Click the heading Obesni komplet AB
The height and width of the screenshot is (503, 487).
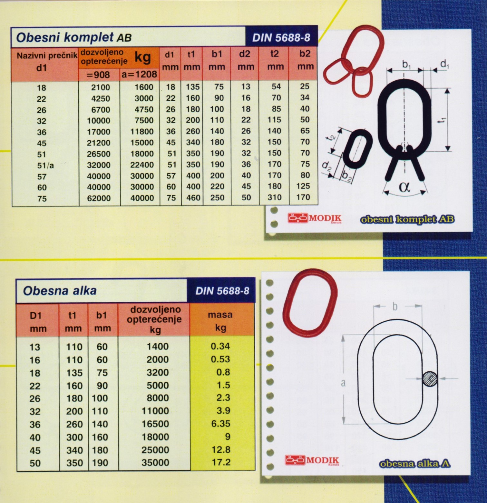(x=74, y=37)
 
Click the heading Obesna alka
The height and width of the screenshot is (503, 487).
(x=60, y=291)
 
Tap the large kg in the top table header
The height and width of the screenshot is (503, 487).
(x=142, y=57)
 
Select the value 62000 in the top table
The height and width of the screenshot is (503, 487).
(x=99, y=198)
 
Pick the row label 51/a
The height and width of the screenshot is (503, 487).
(x=45, y=166)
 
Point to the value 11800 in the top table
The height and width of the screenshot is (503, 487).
(x=142, y=132)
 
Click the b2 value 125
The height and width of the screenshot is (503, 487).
(x=303, y=186)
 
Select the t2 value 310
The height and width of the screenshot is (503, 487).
(x=274, y=197)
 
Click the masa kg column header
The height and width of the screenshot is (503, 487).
(x=220, y=321)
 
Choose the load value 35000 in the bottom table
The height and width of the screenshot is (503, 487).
(x=155, y=462)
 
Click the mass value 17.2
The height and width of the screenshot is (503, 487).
(x=221, y=462)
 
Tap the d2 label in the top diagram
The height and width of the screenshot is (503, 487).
(x=326, y=166)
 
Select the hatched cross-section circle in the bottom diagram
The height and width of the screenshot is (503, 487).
(x=430, y=378)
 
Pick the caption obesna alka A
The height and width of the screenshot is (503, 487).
(x=414, y=464)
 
